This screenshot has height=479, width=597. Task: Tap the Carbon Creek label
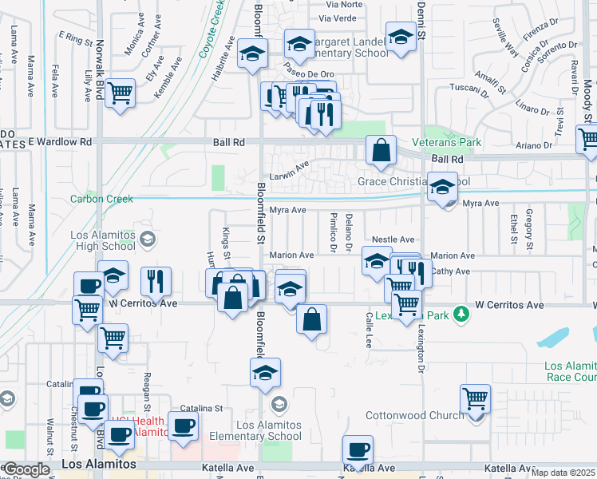click(x=99, y=199)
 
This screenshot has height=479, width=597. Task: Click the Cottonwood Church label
click(x=414, y=415)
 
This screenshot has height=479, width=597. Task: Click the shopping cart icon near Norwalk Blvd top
click(x=120, y=93)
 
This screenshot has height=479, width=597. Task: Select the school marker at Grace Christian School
click(x=441, y=188)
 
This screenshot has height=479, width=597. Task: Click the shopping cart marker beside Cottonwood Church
click(x=476, y=398)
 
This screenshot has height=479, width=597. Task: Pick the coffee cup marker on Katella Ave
click(x=358, y=450)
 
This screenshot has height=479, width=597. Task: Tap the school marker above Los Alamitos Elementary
click(x=266, y=372)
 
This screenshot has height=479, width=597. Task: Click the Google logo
click(x=26, y=469)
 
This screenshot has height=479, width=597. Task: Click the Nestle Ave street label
click(x=393, y=239)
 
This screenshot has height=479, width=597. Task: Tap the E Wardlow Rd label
click(x=61, y=142)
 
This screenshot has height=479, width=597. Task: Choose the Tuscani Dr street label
click(x=468, y=87)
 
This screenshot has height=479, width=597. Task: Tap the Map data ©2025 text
click(x=563, y=473)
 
